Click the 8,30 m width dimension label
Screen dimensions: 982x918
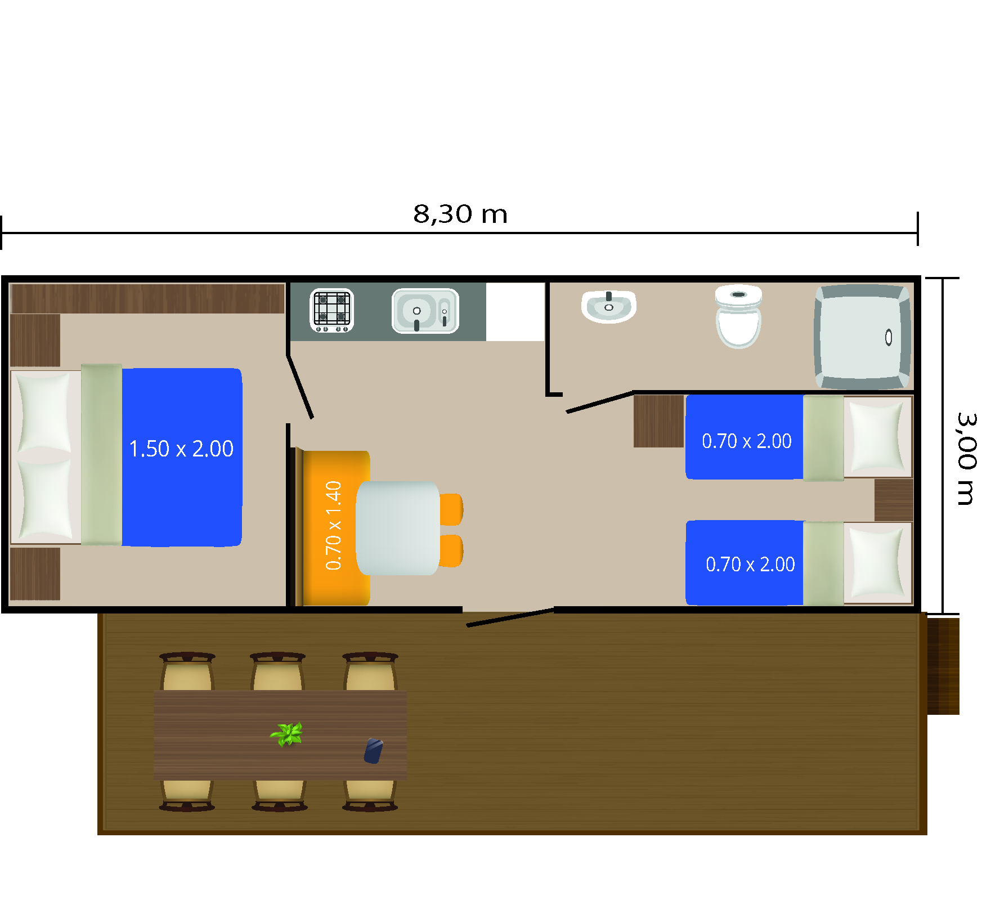[x=460, y=214]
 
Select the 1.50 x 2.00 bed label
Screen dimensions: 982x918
[x=181, y=449]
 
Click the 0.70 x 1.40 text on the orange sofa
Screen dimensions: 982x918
[x=334, y=525]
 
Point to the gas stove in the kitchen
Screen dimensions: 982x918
[x=331, y=310]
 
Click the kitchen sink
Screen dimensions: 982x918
[x=425, y=311]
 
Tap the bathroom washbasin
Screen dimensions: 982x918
[x=608, y=306]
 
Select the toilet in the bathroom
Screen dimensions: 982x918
[x=738, y=316]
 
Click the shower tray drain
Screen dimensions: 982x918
[x=889, y=337]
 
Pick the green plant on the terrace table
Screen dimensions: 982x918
[x=288, y=734]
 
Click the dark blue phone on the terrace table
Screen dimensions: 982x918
[x=373, y=751]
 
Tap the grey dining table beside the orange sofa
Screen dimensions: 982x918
[x=398, y=528]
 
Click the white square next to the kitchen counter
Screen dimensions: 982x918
[x=515, y=312]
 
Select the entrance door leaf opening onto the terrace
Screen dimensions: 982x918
[x=510, y=617]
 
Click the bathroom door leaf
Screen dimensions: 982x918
[x=600, y=402]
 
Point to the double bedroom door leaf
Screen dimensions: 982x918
[x=300, y=387]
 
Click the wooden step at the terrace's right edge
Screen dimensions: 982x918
[x=943, y=666]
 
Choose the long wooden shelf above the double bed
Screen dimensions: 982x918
[x=147, y=298]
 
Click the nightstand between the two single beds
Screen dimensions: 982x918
[x=894, y=500]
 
